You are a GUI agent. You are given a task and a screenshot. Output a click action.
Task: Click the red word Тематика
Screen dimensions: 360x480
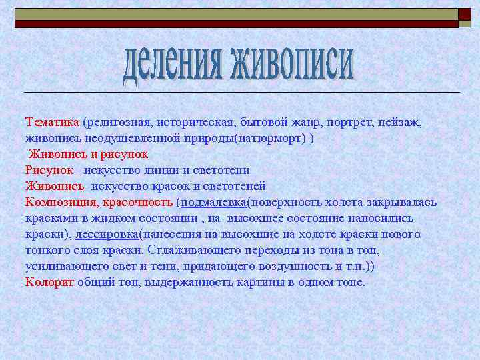52,123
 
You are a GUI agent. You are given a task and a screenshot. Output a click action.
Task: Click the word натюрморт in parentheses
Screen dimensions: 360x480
267,138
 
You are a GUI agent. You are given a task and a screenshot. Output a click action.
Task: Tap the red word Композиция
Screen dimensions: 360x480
61,202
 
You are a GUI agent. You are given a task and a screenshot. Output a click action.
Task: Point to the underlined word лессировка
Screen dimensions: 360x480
107,234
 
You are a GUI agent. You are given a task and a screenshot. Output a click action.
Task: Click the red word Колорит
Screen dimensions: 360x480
49,282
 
